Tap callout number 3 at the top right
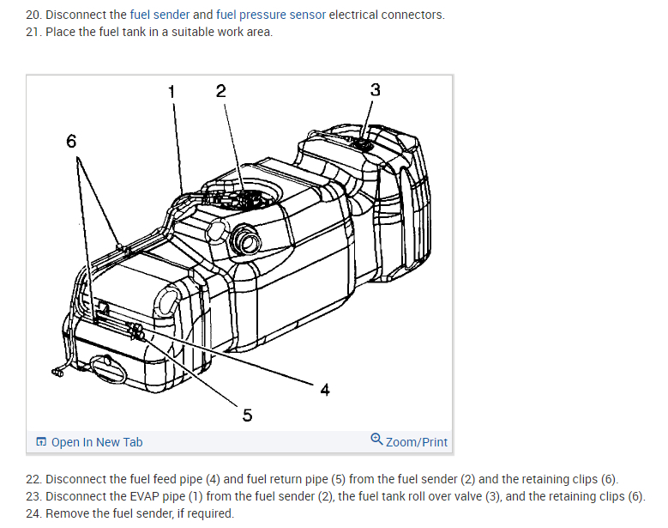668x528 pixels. (375, 90)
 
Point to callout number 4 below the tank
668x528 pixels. (324, 391)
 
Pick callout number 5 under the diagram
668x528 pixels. (247, 416)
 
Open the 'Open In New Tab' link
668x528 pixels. (96, 442)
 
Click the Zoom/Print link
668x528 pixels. (417, 442)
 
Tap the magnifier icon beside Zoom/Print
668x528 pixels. (377, 440)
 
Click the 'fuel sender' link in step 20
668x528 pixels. (159, 15)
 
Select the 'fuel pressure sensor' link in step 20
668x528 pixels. (271, 15)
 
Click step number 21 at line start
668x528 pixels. (33, 32)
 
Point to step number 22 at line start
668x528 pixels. (33, 479)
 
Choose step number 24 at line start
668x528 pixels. (33, 513)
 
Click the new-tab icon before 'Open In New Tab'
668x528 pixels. (42, 442)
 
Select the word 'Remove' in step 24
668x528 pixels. (68, 513)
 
